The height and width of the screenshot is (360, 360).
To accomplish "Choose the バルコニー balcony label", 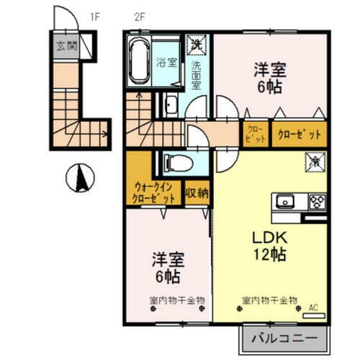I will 279,337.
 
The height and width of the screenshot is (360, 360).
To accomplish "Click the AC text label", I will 313,306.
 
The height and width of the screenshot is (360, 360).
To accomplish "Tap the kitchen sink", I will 283,199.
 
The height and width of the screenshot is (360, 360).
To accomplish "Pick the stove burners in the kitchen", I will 317,200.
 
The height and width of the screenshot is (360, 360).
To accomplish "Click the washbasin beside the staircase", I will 171,107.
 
